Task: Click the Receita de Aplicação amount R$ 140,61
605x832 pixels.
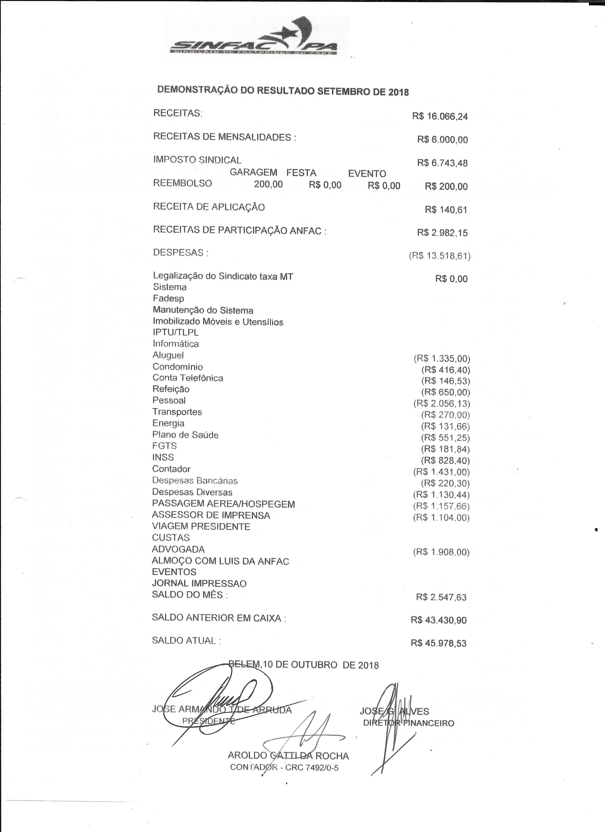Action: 446,210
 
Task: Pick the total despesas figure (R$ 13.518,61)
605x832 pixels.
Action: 440,256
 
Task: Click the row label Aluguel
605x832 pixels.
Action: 168,355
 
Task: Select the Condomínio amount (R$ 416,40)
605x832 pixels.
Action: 445,370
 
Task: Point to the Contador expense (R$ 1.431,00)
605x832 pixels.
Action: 441,472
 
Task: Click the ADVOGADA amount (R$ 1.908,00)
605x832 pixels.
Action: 441,552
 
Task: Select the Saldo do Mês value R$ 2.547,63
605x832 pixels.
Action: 441,597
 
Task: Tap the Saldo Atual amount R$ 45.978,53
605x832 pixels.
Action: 438,643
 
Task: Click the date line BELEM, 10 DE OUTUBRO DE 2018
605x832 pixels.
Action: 303,665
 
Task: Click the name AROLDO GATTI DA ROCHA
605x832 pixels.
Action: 288,753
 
